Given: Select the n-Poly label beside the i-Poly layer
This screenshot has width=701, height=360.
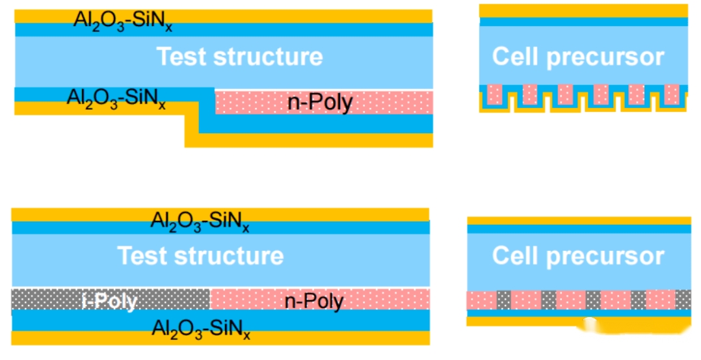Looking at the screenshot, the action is [x=314, y=302].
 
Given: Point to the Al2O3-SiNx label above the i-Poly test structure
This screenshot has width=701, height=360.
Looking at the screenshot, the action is [x=200, y=221].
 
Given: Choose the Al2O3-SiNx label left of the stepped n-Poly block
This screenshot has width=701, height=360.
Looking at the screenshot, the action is [x=116, y=98].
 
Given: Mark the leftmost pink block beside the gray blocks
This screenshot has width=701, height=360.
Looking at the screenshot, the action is [x=481, y=300].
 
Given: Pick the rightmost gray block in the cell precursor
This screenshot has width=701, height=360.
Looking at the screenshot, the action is [x=683, y=300].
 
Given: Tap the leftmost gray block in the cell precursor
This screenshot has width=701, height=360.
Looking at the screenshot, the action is [x=504, y=300].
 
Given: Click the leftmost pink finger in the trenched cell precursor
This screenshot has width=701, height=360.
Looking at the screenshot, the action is [x=496, y=94].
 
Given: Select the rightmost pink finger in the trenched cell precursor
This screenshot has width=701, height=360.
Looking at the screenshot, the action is [x=672, y=94].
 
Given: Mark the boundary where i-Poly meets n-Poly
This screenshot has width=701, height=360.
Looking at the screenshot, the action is [x=209, y=300].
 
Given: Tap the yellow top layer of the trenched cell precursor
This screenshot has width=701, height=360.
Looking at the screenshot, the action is [x=583, y=10].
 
